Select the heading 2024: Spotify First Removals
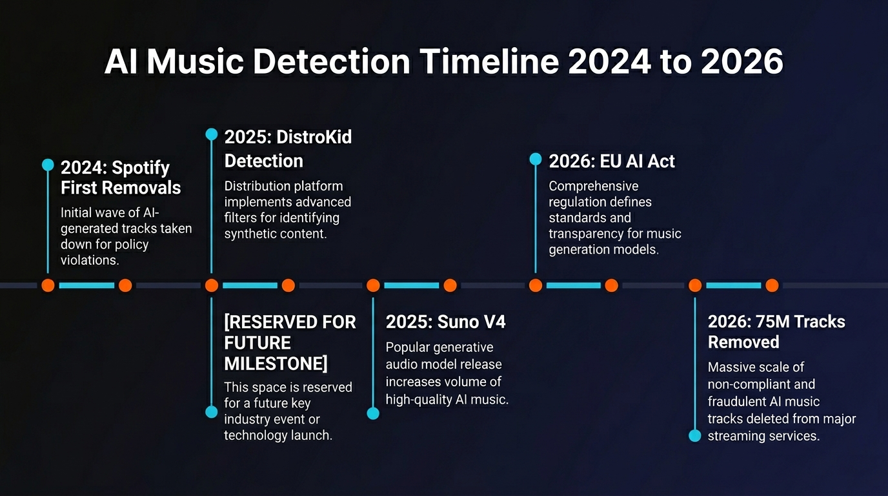pyautogui.click(x=120, y=178)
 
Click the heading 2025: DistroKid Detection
pyautogui.click(x=288, y=149)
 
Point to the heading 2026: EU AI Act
pyautogui.click(x=611, y=161)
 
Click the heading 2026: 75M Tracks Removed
pyautogui.click(x=776, y=331)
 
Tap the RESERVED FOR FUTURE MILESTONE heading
pyautogui.click(x=290, y=342)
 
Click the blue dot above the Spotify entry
pyautogui.click(x=48, y=165)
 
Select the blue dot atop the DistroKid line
pyautogui.click(x=211, y=134)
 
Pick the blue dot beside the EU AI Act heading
pyautogui.click(x=535, y=159)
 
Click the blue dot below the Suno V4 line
pyautogui.click(x=372, y=413)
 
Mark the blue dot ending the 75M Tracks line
pyautogui.click(x=694, y=436)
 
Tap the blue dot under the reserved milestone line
pyautogui.click(x=211, y=412)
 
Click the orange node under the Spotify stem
pyautogui.click(x=48, y=285)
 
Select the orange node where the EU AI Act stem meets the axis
pyautogui.click(x=535, y=285)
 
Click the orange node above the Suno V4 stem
pyautogui.click(x=372, y=285)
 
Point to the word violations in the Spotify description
pyautogui.click(x=90, y=261)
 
